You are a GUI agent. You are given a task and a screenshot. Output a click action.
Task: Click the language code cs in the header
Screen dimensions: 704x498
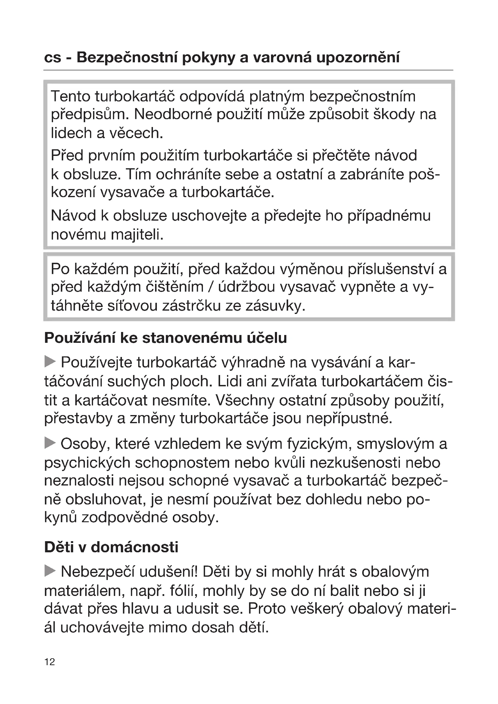(53, 58)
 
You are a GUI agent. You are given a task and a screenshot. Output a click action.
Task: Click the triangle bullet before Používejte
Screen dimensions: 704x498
(50, 361)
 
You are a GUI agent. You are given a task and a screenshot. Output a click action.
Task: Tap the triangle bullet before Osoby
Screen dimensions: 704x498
(50, 443)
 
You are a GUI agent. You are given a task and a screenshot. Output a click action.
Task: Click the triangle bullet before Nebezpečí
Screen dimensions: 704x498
(50, 571)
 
